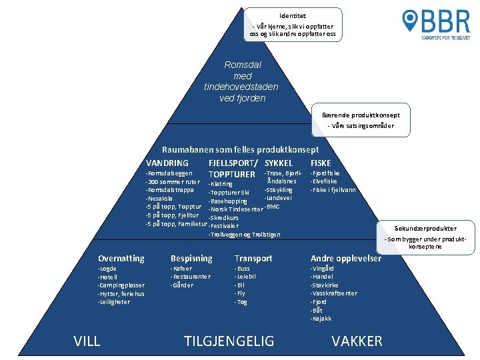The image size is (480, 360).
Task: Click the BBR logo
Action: (x=436, y=24)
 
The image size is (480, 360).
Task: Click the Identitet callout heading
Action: (x=293, y=15)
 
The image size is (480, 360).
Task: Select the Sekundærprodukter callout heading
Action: (x=425, y=228)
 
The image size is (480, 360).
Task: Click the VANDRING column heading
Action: (x=167, y=163)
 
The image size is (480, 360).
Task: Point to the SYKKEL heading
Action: (x=279, y=163)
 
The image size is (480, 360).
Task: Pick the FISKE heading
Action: (x=321, y=163)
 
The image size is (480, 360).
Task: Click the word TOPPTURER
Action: (x=232, y=175)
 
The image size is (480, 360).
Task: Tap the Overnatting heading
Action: (x=121, y=258)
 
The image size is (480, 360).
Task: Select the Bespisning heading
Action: (x=191, y=258)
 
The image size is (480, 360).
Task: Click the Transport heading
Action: (x=253, y=258)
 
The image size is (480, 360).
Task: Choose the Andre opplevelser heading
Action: (x=345, y=258)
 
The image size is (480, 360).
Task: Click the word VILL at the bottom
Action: (x=87, y=341)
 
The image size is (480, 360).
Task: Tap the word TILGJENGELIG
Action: (x=229, y=341)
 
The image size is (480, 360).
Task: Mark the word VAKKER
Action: (x=357, y=341)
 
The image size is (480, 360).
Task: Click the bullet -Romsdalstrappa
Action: (x=170, y=190)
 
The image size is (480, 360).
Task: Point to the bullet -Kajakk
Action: (x=321, y=319)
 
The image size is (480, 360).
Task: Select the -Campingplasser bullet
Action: (x=121, y=285)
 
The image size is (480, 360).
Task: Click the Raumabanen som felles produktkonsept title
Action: (x=241, y=150)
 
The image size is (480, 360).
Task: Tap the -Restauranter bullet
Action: (x=191, y=277)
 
